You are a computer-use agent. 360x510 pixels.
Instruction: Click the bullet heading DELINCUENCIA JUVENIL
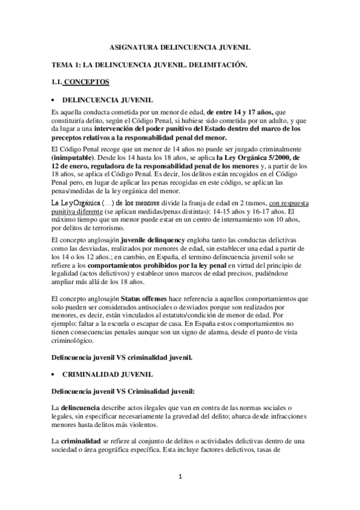[x=108, y=99]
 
